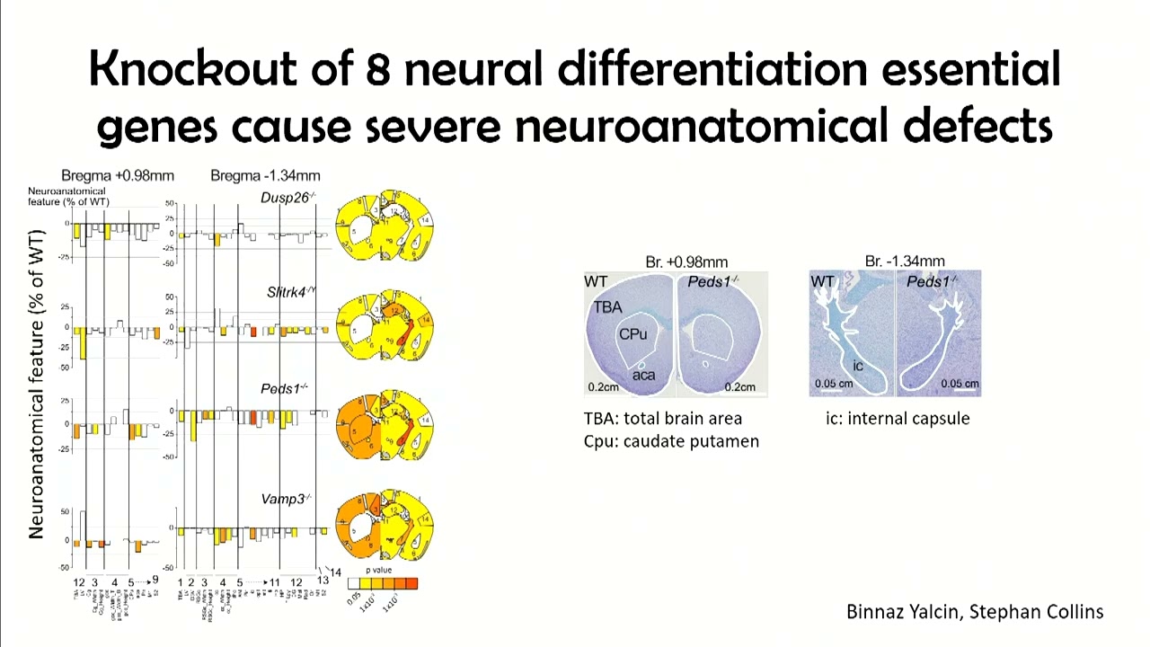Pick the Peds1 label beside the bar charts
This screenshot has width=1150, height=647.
tap(284, 389)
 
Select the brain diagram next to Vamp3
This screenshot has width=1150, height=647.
tap(385, 526)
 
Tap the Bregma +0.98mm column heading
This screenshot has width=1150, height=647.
tap(118, 175)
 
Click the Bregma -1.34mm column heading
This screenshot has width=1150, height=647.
tap(265, 175)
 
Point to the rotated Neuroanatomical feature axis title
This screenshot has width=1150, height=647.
tap(37, 385)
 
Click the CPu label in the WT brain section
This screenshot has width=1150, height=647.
tap(632, 334)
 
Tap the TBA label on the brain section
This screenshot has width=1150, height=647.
tap(607, 307)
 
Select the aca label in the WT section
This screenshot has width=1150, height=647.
tap(643, 375)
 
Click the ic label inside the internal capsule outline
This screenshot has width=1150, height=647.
tap(858, 366)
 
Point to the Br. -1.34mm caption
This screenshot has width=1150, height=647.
tap(905, 261)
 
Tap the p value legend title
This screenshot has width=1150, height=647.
tap(379, 571)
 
